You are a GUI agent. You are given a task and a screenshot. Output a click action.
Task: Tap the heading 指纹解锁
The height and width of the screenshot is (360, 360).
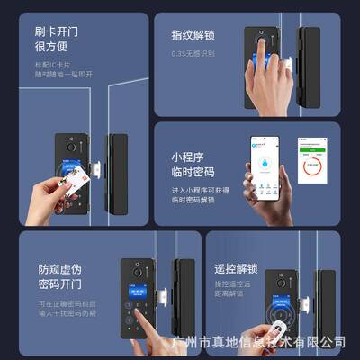[192, 37]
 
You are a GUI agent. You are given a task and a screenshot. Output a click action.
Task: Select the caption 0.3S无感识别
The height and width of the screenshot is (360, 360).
[191, 55]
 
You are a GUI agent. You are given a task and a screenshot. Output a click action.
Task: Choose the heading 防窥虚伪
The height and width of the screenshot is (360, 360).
[58, 268]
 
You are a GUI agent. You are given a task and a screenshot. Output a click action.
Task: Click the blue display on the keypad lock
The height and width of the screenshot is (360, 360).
[136, 295]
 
